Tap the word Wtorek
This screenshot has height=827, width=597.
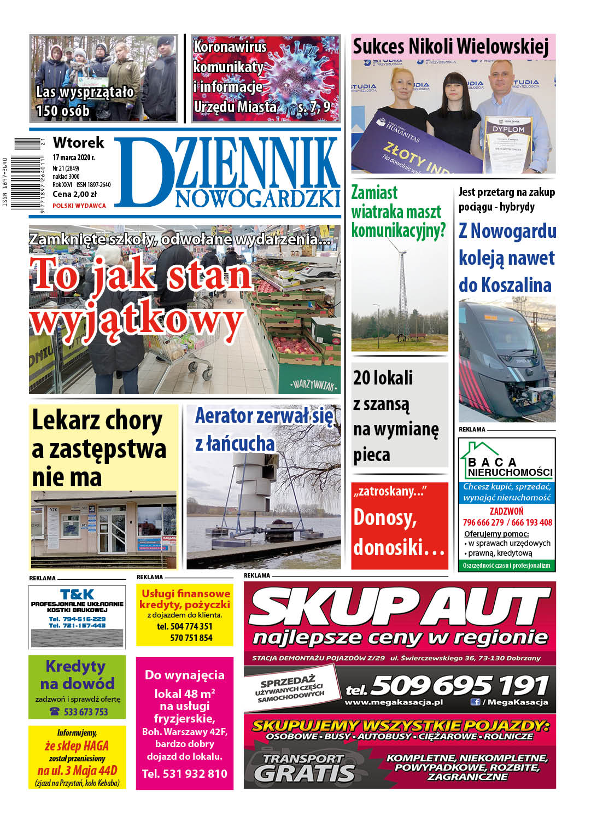(x=78, y=143)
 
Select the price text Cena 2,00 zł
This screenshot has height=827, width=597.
(x=74, y=194)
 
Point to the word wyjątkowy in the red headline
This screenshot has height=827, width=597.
(x=137, y=323)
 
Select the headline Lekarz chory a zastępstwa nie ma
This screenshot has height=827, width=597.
(x=99, y=448)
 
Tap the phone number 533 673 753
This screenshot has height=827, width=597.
(x=86, y=712)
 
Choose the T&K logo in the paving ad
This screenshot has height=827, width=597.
(x=77, y=594)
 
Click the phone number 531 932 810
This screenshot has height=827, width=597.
(x=184, y=773)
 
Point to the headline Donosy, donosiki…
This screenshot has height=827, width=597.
(x=399, y=532)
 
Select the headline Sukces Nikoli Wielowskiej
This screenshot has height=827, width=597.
(x=450, y=47)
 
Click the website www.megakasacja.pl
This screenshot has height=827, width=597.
(x=394, y=702)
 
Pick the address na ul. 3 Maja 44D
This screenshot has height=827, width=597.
(x=77, y=770)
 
